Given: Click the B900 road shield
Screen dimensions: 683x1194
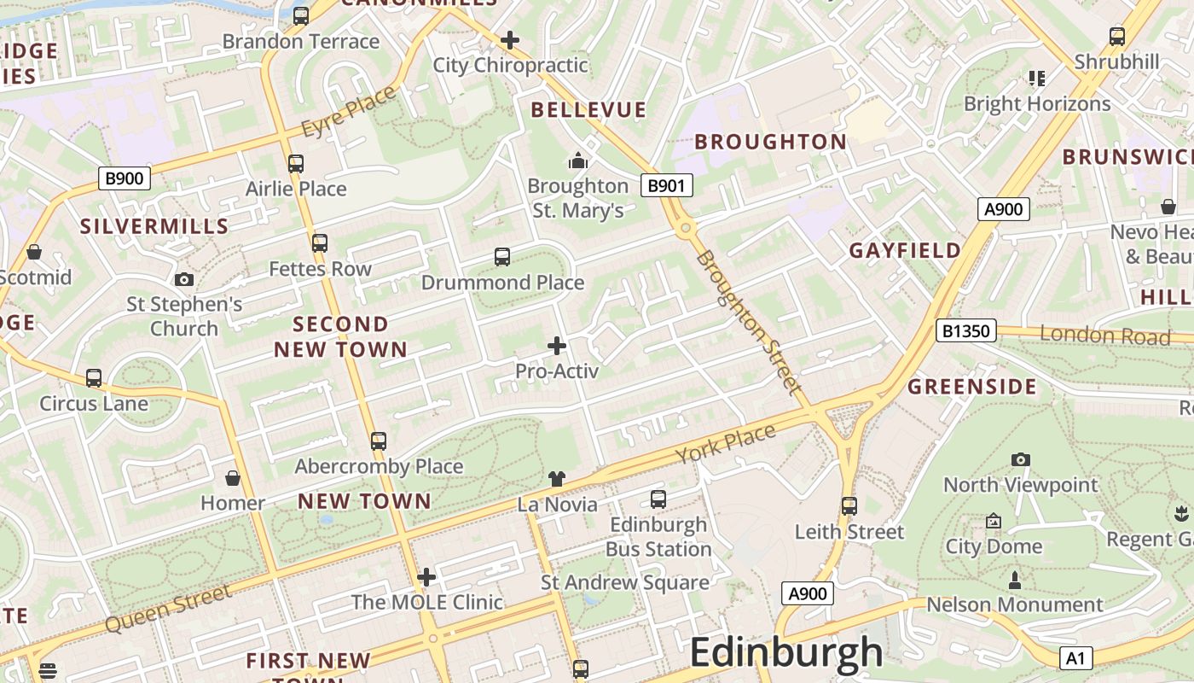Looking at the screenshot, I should (x=125, y=178).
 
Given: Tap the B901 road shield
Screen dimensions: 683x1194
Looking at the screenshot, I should (x=666, y=185).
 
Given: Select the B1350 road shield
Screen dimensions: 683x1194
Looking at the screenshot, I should (x=965, y=330).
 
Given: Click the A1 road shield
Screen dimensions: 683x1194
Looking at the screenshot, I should (x=1075, y=658).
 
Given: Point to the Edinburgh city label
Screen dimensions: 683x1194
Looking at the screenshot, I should (x=785, y=653).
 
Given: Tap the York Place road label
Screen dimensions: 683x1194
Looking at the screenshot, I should (x=726, y=443).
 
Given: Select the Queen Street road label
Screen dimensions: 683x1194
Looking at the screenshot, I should (x=168, y=609).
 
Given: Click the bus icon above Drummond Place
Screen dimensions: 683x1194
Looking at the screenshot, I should (x=502, y=256).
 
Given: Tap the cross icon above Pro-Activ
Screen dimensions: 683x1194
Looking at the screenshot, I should (x=557, y=346).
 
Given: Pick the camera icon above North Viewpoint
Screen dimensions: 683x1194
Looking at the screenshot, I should (x=1020, y=459).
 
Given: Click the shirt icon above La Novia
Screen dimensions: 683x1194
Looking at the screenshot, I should (x=557, y=479).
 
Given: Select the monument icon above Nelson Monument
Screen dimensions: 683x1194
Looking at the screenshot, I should (x=1014, y=581).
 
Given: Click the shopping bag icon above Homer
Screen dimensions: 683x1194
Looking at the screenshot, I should (x=232, y=477).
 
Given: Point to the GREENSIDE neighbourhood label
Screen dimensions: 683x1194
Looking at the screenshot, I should (x=971, y=387).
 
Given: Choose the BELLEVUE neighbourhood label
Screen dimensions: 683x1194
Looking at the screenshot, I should (x=588, y=109).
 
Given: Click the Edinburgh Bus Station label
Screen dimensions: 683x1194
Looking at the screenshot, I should (x=658, y=536).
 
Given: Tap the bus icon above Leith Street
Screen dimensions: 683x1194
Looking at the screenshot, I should (x=849, y=505).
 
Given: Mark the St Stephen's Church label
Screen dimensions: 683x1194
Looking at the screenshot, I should (x=184, y=316).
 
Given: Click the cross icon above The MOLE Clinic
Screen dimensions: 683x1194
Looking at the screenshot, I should (x=426, y=577).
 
